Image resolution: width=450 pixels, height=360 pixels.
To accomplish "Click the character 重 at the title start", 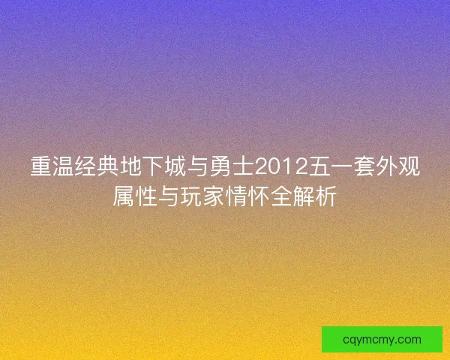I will coord(40,166).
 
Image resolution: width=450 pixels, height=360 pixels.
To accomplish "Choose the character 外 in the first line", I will coord(385,166).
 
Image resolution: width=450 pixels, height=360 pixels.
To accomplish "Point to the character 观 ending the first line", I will coord(409,166).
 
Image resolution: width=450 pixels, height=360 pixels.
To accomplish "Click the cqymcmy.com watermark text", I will coord(382,340).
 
